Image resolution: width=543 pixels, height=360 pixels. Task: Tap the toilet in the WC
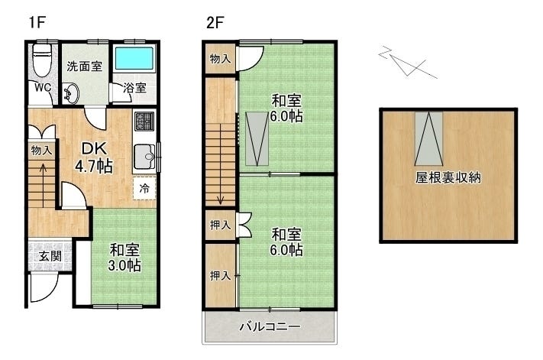(42, 60)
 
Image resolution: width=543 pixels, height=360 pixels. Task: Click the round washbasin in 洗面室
(70, 94)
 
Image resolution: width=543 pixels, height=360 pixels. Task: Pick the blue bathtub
(134, 60)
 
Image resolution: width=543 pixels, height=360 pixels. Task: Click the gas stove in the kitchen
(144, 122)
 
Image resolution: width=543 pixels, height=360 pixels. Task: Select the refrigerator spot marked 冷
(144, 187)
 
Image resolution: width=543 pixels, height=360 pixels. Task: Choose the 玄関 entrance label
(50, 255)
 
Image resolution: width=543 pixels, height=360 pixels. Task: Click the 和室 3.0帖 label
(124, 257)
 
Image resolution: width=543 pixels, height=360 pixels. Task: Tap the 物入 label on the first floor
(41, 151)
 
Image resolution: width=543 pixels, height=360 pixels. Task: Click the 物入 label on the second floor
(220, 58)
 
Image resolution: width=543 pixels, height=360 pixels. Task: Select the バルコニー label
(270, 326)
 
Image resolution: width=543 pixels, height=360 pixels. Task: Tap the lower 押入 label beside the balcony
(220, 275)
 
